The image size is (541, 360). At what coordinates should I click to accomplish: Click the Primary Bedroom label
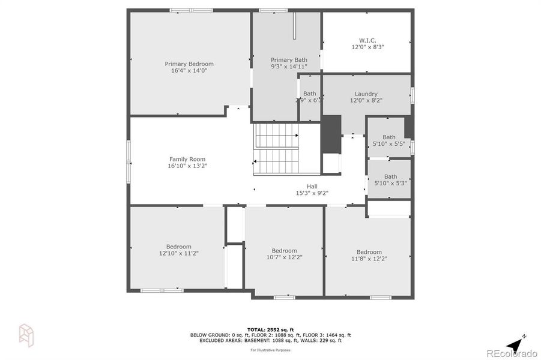189,64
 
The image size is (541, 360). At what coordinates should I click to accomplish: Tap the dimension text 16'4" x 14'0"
189,71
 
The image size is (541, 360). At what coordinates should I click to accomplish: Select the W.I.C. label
367,40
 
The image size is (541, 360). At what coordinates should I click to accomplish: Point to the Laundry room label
366,94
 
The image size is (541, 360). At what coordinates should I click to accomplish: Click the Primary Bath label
289,59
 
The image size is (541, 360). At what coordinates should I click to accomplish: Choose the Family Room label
187,159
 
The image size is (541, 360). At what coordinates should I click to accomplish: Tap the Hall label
312,186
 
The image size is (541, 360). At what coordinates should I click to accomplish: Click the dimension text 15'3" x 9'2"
312,193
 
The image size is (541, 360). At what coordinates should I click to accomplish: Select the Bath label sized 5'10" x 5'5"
389,137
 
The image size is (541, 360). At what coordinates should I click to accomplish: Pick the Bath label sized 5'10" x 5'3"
390,176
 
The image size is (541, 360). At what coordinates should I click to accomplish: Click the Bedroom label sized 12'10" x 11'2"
179,247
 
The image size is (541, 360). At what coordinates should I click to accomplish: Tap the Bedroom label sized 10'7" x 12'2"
284,250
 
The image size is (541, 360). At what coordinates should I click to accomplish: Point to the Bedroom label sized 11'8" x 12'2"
369,252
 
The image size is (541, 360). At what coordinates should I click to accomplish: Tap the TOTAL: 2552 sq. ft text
270,329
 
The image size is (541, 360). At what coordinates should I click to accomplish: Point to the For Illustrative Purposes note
270,349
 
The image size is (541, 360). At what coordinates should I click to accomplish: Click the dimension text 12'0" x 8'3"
367,47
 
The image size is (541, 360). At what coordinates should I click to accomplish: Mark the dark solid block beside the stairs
331,134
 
